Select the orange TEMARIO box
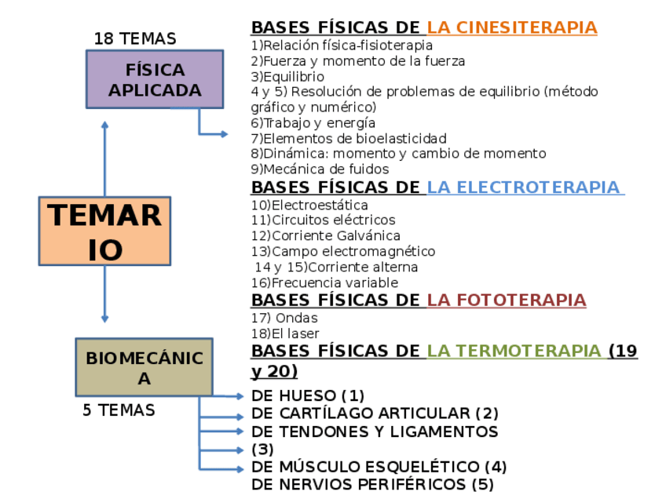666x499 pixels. pyautogui.click(x=104, y=231)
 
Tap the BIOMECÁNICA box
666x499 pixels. pyautogui.click(x=144, y=367)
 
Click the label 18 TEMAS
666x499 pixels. pyautogui.click(x=135, y=38)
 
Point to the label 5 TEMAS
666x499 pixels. pyautogui.click(x=119, y=410)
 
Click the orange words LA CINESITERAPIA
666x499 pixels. pyautogui.click(x=512, y=27)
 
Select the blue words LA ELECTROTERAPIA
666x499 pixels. pyautogui.click(x=524, y=188)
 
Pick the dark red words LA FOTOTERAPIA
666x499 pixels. pyautogui.click(x=507, y=300)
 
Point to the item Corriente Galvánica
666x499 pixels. pyautogui.click(x=326, y=235)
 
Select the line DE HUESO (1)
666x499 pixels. pyautogui.click(x=308, y=395)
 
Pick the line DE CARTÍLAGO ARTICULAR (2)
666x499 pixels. pyautogui.click(x=375, y=413)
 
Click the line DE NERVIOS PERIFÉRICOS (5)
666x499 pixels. pyautogui.click(x=372, y=484)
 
